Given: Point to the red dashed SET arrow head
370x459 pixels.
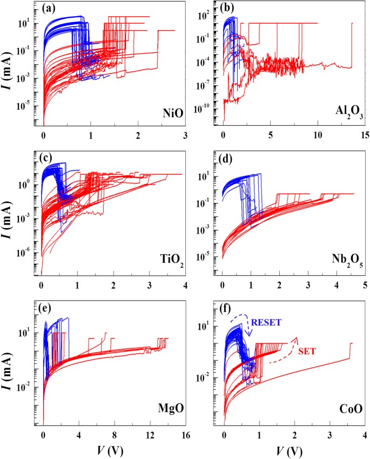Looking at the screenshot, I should pos(296,338).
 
